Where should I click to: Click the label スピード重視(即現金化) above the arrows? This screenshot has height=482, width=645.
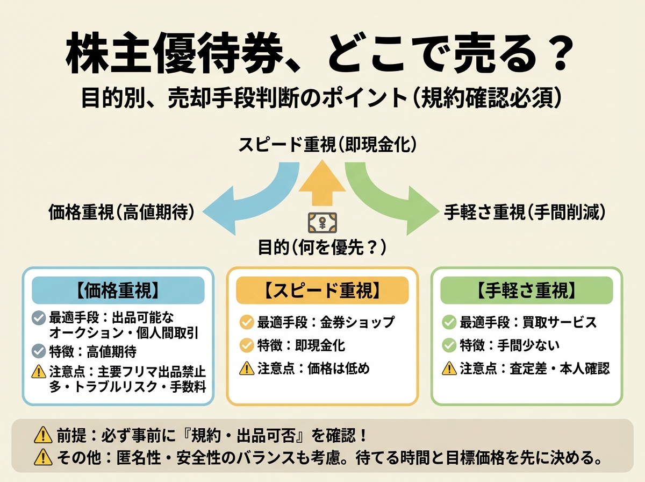(322, 146)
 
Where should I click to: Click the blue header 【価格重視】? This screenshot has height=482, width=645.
(118, 290)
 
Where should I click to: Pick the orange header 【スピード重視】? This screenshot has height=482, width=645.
(322, 290)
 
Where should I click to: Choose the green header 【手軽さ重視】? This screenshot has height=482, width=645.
(526, 290)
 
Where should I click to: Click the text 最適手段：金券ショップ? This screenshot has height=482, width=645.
(326, 322)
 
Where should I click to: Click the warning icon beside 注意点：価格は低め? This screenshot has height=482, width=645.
(246, 368)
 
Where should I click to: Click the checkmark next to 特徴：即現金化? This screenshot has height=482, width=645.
(246, 345)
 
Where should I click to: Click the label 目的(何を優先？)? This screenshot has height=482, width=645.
(322, 248)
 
